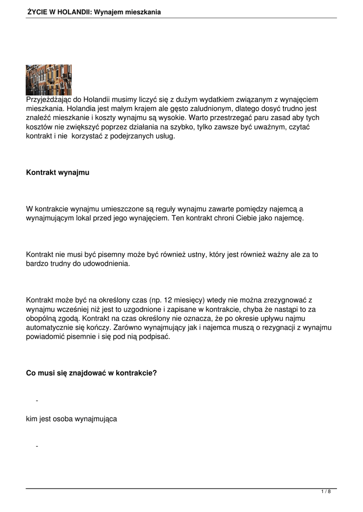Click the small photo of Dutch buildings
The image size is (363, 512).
[49, 80]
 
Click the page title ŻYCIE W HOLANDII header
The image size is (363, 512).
[94, 12]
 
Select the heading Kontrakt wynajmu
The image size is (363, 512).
[58, 172]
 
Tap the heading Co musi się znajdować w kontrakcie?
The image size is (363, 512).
[92, 372]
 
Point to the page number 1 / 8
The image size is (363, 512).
[326, 492]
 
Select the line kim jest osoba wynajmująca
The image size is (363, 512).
[72, 418]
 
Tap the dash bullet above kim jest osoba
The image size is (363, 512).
[37, 401]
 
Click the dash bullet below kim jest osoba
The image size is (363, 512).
[37, 446]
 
